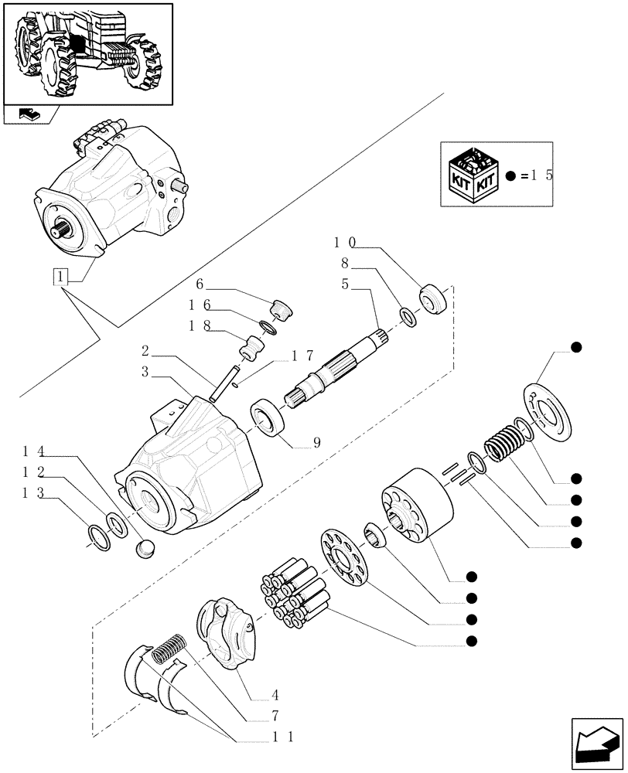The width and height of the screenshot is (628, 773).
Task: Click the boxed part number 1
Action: [60, 277]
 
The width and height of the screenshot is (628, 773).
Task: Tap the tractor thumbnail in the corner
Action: [87, 53]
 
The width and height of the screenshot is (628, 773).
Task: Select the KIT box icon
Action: [473, 175]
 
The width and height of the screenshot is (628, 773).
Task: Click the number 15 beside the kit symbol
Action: [539, 175]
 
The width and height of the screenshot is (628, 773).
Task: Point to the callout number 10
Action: [344, 242]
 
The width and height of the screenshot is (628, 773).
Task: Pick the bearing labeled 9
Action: [268, 421]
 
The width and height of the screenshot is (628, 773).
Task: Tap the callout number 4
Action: [254, 694]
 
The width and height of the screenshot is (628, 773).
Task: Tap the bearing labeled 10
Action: [433, 299]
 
